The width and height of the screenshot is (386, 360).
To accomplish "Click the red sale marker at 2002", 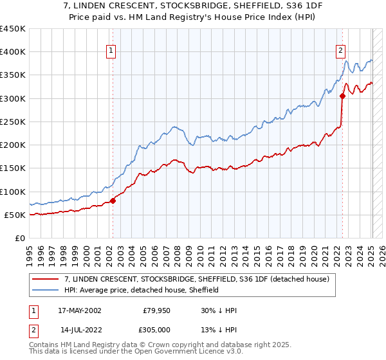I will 113,201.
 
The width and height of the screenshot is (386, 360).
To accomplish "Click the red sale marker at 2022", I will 342,96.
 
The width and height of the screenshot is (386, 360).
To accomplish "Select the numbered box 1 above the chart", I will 111,51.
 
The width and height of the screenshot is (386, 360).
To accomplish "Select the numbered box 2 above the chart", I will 340,51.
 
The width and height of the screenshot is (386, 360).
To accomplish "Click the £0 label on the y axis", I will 21,238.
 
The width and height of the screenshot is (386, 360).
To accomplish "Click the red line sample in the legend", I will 46,279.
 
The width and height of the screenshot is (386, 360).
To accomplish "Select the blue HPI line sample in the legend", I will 46,290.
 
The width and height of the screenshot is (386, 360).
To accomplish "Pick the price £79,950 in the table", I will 156,309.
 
